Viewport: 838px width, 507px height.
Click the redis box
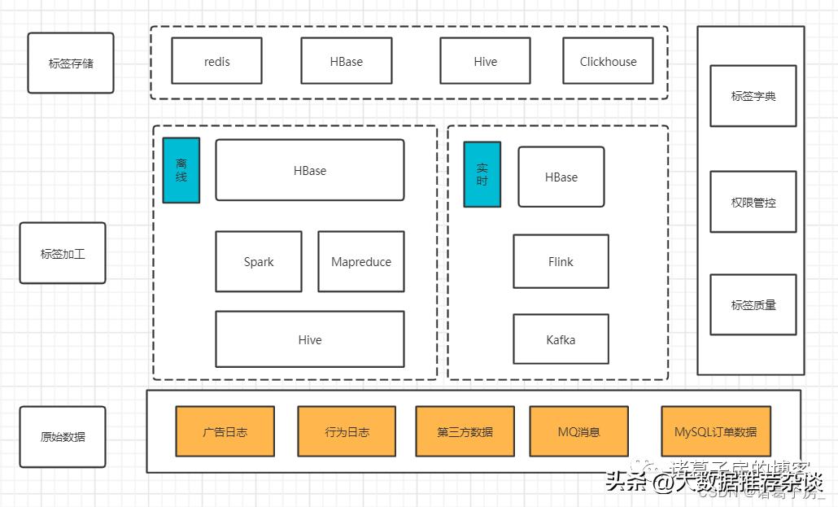point(216,61)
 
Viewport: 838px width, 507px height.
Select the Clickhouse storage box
point(608,61)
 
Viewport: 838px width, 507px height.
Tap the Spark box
point(259,262)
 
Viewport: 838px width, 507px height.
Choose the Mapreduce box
point(361,262)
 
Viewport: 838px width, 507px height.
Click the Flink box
point(561,262)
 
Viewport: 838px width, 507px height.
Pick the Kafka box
point(561,339)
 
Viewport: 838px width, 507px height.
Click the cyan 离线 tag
point(181,170)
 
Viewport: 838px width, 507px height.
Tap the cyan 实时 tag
point(482,175)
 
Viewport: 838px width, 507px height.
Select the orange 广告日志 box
point(225,431)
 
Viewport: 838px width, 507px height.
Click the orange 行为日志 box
point(347,431)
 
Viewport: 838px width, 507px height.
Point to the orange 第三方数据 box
point(465,431)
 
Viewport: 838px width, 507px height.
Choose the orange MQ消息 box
point(578,431)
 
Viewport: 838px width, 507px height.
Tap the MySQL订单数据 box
point(715,431)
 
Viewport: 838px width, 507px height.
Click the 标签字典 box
point(753,96)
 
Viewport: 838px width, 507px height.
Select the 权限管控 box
point(753,202)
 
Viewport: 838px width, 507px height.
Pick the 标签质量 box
point(753,305)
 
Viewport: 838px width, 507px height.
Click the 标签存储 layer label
point(71,63)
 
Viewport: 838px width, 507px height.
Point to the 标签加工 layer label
point(63,253)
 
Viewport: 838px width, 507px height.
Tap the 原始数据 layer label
point(63,437)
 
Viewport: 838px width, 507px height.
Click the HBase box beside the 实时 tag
point(561,177)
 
